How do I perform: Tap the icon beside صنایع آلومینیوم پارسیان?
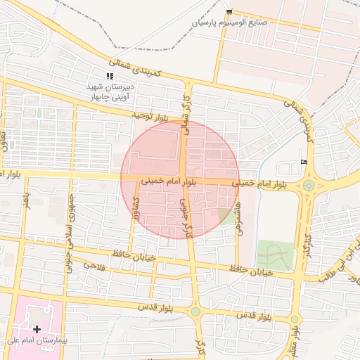coord(229,12)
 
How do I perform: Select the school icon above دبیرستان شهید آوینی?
coord(109,76)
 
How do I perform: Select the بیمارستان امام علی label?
coord(35,341)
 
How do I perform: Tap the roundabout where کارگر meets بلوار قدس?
coord(195,311)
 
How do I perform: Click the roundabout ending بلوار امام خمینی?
coord(308,186)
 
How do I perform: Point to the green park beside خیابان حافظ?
coord(273,256)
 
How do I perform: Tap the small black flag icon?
coord(304,162)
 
